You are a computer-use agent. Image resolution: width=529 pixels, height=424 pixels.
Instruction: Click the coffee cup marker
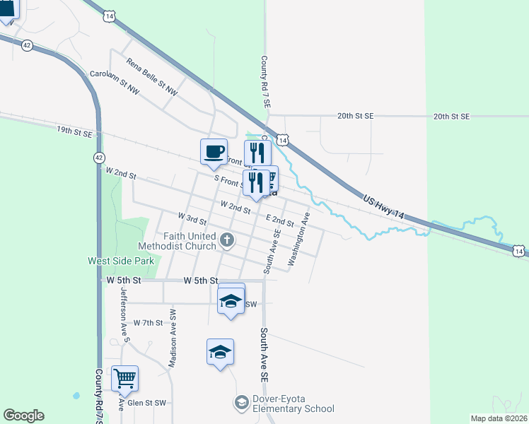pos(214,151)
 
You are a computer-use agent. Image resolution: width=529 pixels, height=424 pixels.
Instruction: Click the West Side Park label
pos(121,261)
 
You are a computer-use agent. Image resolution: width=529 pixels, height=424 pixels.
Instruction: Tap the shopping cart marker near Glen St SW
pos(124,378)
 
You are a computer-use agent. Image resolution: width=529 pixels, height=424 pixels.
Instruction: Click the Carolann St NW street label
pos(115,83)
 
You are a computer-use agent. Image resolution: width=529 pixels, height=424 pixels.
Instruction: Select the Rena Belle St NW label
pos(152,77)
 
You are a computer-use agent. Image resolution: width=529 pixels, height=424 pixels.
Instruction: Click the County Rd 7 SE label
pos(265,82)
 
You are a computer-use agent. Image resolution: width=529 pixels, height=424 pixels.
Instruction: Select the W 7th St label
pos(148,323)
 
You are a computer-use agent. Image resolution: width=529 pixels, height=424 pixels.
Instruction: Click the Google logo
pos(23,416)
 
